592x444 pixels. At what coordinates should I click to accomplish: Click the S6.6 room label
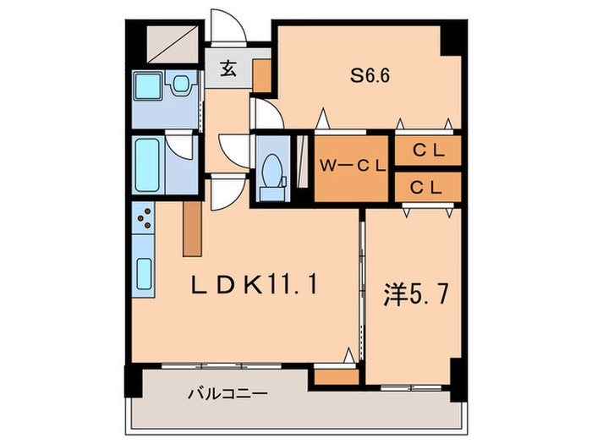(370, 74)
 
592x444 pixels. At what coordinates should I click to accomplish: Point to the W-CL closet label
(352, 167)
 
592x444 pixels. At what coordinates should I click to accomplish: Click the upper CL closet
(428, 150)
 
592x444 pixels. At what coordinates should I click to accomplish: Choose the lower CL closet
(428, 187)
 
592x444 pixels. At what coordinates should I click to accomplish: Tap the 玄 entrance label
(228, 70)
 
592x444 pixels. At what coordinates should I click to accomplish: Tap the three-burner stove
(144, 219)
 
